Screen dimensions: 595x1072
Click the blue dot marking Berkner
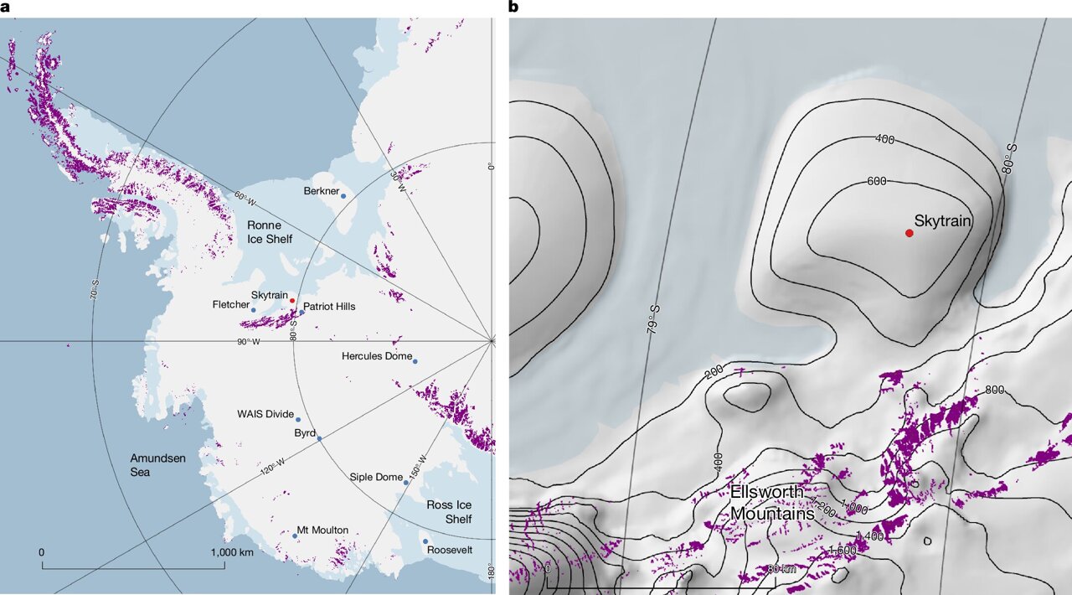(x=343, y=195)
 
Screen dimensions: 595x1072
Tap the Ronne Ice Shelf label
(x=270, y=232)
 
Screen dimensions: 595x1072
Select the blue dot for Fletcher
(x=254, y=310)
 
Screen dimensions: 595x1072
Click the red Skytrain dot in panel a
(x=292, y=300)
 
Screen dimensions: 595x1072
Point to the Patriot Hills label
(x=329, y=307)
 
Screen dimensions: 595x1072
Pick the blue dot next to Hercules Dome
(x=415, y=361)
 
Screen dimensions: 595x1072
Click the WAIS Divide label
(x=265, y=414)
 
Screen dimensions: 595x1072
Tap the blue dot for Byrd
(x=319, y=438)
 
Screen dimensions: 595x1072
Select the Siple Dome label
(x=376, y=478)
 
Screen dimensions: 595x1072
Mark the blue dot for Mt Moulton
(x=296, y=535)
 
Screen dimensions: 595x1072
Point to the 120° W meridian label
(x=273, y=467)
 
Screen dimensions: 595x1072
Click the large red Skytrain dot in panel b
(x=909, y=233)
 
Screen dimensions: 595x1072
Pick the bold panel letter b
(x=513, y=8)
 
